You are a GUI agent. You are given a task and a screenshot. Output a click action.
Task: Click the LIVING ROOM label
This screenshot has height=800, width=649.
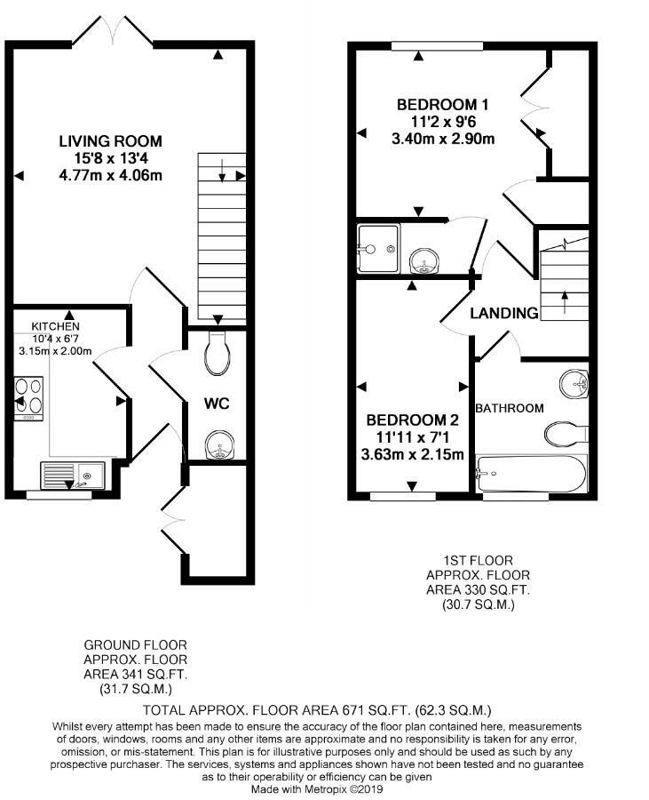coord(111,140)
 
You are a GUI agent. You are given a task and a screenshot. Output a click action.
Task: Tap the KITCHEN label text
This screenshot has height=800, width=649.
coord(56,326)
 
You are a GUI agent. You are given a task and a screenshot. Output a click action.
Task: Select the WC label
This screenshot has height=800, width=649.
coord(217,404)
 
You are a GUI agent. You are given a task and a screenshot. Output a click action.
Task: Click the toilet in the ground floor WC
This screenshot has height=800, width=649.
coord(217,353)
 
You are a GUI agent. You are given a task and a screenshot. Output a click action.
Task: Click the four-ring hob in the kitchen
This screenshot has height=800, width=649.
coord(28,398)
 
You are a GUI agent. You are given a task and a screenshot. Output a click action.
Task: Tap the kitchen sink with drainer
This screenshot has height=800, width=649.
coord(72,476)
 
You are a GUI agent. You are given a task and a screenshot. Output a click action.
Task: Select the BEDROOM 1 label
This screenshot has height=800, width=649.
coord(442,105)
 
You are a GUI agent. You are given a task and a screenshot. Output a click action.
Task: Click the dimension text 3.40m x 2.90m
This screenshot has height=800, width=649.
coord(443,139)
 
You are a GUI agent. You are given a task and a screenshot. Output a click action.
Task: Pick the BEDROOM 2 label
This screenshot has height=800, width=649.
coord(412,420)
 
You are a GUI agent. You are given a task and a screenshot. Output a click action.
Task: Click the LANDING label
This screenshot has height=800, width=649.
coord(503,313)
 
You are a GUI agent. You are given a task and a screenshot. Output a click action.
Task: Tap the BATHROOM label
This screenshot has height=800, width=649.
coord(510,408)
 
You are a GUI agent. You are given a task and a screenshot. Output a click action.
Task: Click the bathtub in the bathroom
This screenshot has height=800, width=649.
coord(531,474)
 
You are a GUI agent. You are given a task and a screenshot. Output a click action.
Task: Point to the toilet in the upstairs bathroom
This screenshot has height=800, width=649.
coord(566,434)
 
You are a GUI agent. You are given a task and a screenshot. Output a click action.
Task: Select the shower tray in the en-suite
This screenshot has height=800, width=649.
coord(377,249)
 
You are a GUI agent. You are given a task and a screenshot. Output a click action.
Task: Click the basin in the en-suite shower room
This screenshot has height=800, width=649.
coord(424,261)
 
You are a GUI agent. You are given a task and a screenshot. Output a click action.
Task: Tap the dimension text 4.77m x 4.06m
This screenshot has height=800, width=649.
coord(111,175)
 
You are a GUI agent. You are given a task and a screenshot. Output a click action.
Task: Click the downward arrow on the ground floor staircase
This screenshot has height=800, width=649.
coord(222,171)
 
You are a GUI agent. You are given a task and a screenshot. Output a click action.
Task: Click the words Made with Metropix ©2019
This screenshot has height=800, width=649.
coord(317,789)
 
